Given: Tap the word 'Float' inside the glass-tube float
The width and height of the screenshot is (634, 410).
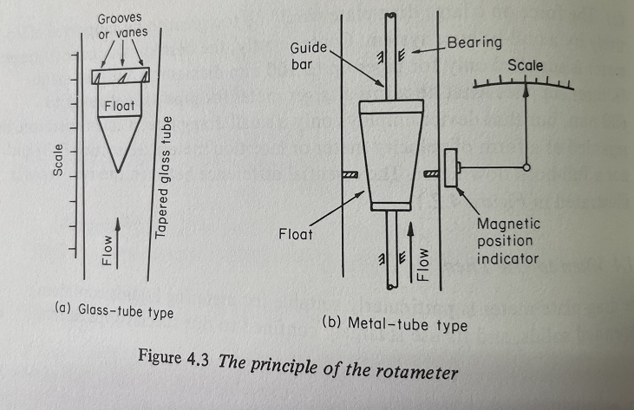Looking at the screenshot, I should [x=119, y=105].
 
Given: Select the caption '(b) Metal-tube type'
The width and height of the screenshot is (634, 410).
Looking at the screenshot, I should [x=395, y=325].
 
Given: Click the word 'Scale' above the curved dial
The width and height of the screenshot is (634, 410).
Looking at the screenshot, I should [x=526, y=66].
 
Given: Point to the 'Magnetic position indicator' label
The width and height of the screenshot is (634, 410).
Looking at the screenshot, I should [x=508, y=242].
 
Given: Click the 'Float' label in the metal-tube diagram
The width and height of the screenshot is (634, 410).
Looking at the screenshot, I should [x=297, y=233].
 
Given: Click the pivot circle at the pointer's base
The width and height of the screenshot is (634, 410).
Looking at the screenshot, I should [x=526, y=166].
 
